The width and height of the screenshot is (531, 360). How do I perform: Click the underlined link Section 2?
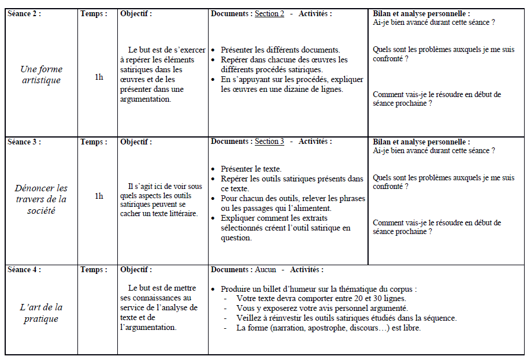pos(269,14)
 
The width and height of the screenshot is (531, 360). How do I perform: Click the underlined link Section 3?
pos(269,142)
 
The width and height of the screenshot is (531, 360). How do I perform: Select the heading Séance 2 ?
pos(24,14)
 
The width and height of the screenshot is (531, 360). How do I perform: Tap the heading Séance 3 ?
pos(24,142)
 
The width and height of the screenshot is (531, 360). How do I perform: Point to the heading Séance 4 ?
pos(24,270)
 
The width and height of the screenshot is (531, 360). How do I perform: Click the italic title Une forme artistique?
pos(41,75)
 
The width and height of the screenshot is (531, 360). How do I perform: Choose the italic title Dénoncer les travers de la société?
pos(41,199)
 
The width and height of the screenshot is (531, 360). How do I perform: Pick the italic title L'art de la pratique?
pos(41,313)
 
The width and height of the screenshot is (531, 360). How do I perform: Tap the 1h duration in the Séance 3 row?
pos(99,196)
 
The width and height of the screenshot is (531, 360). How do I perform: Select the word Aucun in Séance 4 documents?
pos(265,270)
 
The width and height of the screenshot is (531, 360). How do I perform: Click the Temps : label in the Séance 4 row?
pos(94,270)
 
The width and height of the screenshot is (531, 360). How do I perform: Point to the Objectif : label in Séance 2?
pos(136,14)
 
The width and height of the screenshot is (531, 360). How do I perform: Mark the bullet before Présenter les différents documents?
pos(214,51)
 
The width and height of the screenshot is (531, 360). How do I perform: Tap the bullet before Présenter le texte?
pos(214,169)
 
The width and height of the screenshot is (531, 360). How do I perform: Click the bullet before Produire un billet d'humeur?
pos(214,289)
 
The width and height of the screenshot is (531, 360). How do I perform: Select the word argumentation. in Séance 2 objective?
pos(146,99)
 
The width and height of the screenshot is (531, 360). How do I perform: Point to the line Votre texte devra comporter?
pos(321,299)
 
